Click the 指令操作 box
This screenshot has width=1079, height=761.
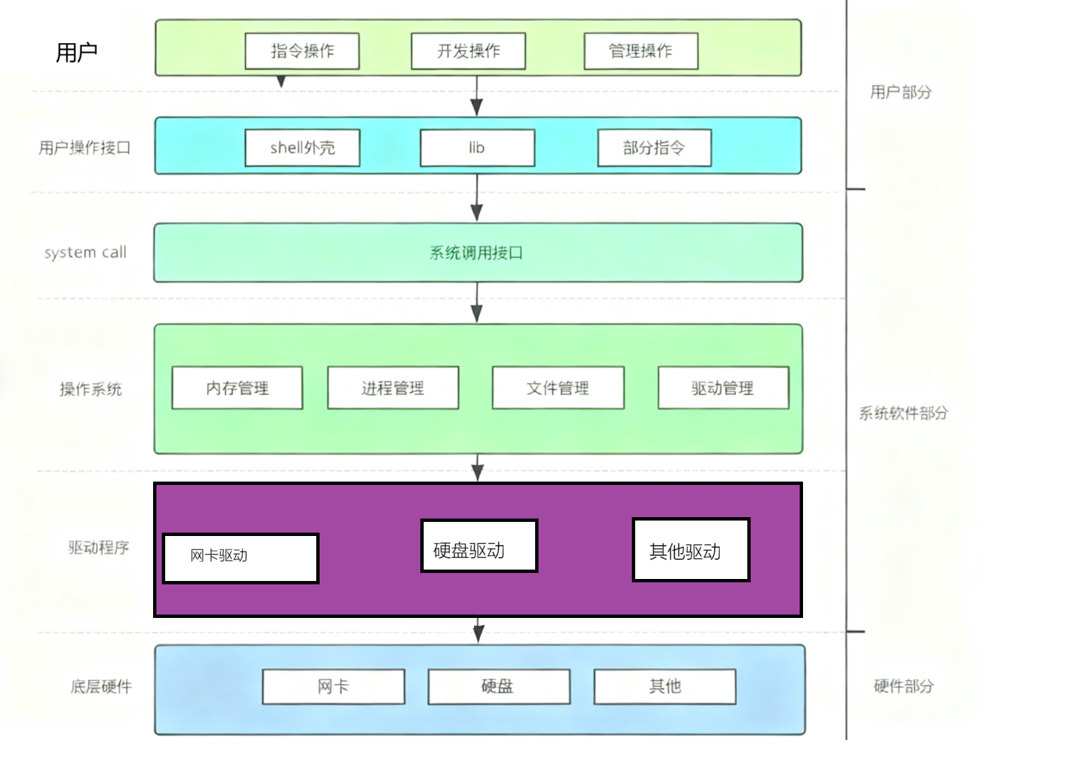[x=302, y=51]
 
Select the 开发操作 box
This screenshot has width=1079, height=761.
[x=468, y=51]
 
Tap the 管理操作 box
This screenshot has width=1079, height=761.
[x=641, y=51]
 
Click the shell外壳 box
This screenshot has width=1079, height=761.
[x=302, y=148]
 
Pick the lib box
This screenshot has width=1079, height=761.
[x=477, y=148]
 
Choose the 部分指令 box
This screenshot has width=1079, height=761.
[x=654, y=148]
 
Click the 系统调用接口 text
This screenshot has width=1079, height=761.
[x=476, y=253]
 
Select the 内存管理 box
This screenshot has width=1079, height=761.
[x=237, y=388]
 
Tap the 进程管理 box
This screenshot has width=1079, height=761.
[x=393, y=388]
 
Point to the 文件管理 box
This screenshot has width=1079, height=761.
[x=557, y=388]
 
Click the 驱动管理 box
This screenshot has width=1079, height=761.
[x=722, y=388]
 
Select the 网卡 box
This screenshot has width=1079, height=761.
[x=333, y=686]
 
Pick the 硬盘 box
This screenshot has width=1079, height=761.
[x=498, y=686]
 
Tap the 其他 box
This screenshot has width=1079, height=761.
[x=665, y=686]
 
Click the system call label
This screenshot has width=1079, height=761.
[x=85, y=253]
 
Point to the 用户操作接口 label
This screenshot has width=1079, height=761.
[x=85, y=148]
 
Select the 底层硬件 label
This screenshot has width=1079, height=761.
[x=101, y=686]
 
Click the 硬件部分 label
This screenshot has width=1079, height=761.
[x=903, y=686]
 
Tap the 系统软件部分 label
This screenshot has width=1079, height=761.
[x=903, y=413]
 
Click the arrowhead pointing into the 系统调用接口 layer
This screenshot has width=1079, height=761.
[x=477, y=213]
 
